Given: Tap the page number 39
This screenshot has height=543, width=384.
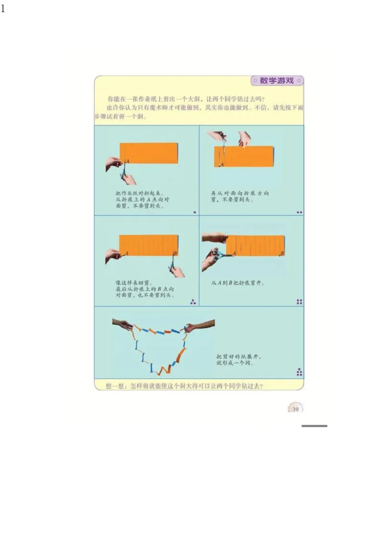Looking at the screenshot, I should (295, 409).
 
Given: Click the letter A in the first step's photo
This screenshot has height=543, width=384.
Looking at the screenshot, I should (127, 162).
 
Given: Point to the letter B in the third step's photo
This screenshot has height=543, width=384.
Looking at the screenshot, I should (175, 253).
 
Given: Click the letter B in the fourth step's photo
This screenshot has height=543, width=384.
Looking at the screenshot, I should (282, 253).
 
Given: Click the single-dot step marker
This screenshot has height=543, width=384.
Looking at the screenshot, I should (194, 212).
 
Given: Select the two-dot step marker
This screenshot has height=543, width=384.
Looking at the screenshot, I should (300, 212).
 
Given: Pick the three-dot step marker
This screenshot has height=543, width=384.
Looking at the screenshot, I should (193, 302).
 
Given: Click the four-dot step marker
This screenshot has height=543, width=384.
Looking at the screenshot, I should (300, 302).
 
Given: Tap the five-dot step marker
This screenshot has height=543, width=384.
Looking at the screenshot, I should (299, 372).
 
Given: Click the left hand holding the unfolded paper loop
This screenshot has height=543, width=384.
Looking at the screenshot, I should (123, 324).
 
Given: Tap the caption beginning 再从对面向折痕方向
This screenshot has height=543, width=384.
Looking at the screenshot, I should (240, 197).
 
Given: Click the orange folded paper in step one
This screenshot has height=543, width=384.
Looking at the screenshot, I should (149, 153).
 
